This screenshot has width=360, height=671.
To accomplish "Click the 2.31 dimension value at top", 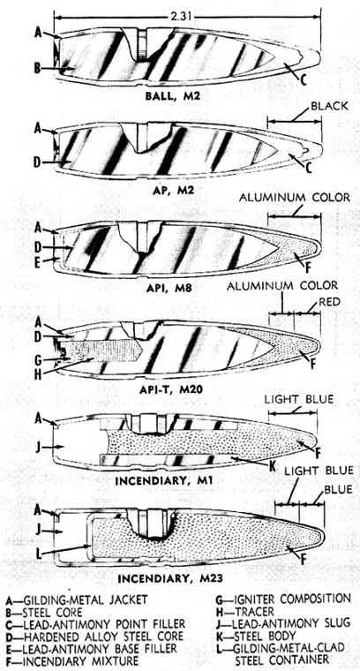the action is click(x=182, y=17).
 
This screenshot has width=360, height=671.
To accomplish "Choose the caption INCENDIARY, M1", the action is click(x=164, y=480).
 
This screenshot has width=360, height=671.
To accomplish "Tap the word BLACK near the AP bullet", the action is click(x=330, y=106).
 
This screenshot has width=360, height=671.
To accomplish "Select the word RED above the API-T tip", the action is click(x=330, y=302).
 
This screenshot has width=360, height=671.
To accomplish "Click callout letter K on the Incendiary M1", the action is click(x=271, y=465).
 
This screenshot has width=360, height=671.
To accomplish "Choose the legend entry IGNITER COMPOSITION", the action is click(x=284, y=599).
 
